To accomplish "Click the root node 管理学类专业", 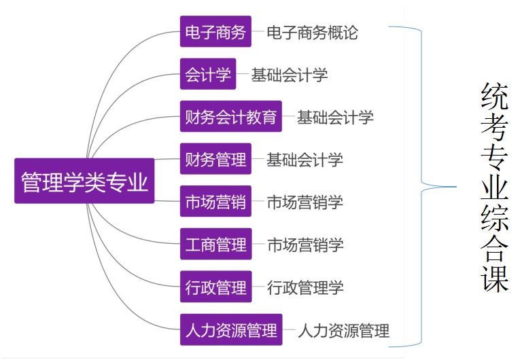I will click(84, 181).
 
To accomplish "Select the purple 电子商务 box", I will click(215, 32).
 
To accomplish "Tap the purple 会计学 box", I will click(208, 75).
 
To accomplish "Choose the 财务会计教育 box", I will click(231, 118).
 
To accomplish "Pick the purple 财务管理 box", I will click(215, 160).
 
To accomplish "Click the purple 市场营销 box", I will click(215, 202).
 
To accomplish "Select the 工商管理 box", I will click(215, 245).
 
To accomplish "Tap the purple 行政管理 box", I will click(215, 287).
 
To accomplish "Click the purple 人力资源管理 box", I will click(231, 330).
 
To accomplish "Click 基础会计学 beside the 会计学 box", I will click(290, 75).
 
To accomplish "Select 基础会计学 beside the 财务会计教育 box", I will click(335, 118).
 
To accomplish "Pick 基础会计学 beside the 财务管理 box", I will click(304, 160).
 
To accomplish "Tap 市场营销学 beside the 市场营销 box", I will click(304, 202).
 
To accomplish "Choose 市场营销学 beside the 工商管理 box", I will click(305, 245).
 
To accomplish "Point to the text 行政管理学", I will click(305, 287).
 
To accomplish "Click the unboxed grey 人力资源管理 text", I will click(343, 331).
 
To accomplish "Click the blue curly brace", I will click(424, 185).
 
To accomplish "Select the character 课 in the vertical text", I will click(495, 278).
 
